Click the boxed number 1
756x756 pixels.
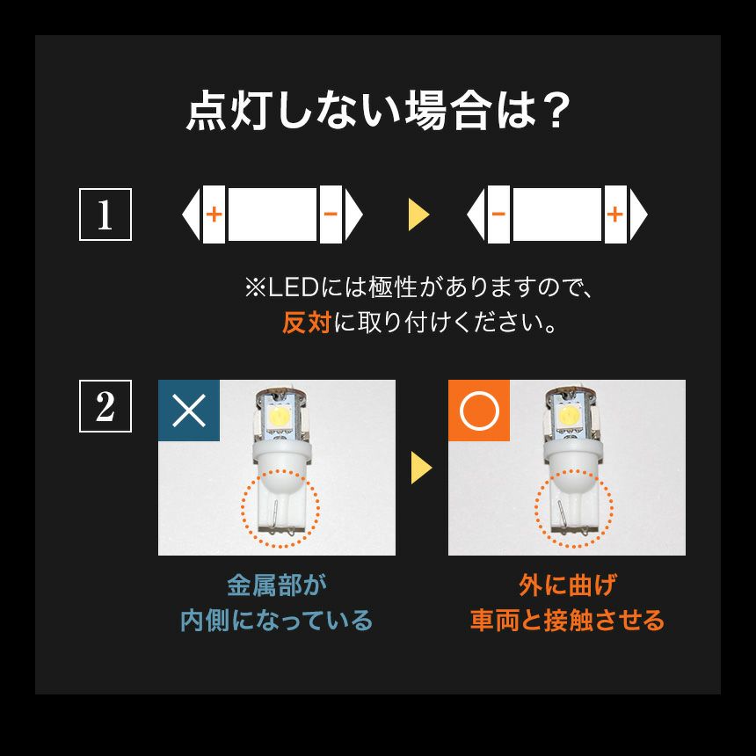[x=105, y=214]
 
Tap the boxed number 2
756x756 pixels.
[x=105, y=406]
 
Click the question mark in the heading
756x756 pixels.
[x=554, y=112]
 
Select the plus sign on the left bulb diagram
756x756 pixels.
[x=214, y=214]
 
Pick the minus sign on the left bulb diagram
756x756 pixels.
[x=331, y=214]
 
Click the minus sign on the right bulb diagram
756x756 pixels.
[x=498, y=214]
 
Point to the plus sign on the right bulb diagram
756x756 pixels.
[x=615, y=214]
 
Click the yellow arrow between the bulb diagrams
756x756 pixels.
[x=418, y=214]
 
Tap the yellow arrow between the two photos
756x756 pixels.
[x=421, y=467]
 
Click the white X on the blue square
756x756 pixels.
[x=189, y=411]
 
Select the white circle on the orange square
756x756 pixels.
[x=479, y=411]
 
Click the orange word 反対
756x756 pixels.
[x=307, y=323]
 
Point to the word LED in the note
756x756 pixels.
[x=293, y=287]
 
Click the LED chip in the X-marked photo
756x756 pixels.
[x=280, y=413]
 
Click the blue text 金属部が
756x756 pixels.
[x=277, y=585]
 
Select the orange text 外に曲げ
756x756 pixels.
[x=568, y=585]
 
